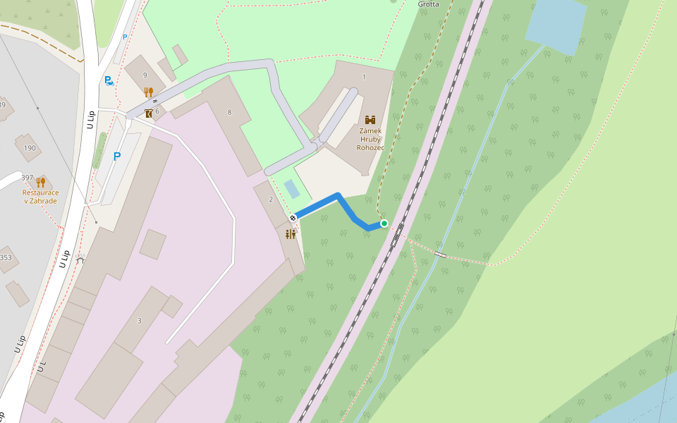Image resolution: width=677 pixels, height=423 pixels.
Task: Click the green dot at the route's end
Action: click(x=384, y=223)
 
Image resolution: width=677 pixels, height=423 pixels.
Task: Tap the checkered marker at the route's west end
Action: click(x=292, y=217)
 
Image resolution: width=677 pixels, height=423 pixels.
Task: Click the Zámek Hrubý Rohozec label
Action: click(x=370, y=139)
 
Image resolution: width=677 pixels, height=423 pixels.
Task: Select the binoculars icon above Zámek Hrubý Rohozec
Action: click(x=370, y=119)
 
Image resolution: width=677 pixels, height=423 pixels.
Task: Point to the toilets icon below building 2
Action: click(x=291, y=234)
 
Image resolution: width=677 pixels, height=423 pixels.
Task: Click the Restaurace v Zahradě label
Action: click(x=39, y=196)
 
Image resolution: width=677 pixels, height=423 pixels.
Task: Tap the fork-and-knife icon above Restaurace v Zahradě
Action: click(x=40, y=182)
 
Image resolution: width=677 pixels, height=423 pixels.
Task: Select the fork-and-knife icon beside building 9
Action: click(x=148, y=92)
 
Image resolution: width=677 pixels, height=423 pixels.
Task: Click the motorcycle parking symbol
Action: click(x=109, y=81)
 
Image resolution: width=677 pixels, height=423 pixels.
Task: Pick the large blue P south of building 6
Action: click(x=117, y=157)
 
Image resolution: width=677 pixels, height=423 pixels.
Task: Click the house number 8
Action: click(x=229, y=112)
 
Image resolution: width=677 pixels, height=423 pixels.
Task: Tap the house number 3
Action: click(x=140, y=321)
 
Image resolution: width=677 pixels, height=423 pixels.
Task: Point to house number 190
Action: click(x=30, y=148)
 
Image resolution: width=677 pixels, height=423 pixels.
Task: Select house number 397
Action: click(x=28, y=177)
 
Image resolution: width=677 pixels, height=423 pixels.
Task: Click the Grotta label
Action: click(x=428, y=4)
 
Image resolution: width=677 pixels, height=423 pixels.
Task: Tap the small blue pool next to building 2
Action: click(x=291, y=188)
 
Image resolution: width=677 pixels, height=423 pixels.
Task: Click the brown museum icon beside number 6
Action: click(x=149, y=113)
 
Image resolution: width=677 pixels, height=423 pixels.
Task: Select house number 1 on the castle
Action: click(x=364, y=77)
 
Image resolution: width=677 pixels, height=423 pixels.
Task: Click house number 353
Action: click(x=6, y=258)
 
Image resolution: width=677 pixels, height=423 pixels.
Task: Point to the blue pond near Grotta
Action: click(x=555, y=24)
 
